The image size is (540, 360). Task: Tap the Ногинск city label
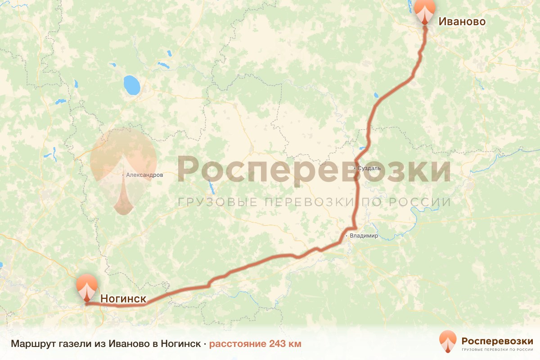[x=123, y=298]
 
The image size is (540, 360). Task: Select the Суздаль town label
[x=369, y=168]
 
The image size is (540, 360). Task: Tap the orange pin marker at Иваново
[x=425, y=11]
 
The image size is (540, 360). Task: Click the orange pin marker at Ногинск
[x=86, y=286]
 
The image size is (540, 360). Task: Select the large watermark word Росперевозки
[x=314, y=170]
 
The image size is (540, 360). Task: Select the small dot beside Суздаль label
[x=355, y=168]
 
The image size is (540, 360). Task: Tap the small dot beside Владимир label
[x=346, y=235]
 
